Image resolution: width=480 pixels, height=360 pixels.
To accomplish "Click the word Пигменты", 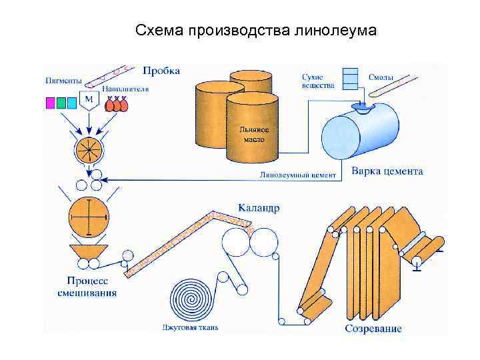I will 64,80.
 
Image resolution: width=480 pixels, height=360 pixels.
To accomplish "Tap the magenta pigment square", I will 50,103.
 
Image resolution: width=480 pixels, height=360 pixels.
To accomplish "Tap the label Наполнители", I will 125,89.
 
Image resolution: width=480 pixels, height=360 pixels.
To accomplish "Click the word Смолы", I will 381,77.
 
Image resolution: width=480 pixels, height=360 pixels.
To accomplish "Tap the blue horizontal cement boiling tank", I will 361,133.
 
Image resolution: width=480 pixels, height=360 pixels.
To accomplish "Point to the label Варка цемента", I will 387,171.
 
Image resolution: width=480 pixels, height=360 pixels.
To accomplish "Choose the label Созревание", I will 373,329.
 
